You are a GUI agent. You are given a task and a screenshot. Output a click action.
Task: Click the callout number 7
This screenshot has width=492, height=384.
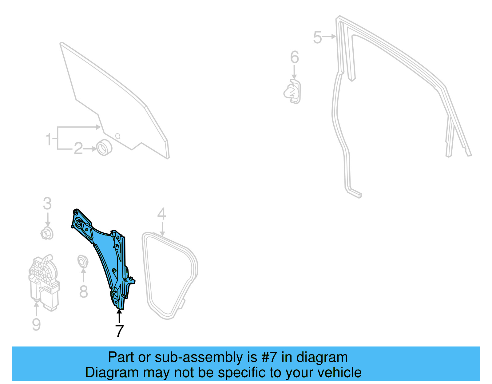tap(119, 331)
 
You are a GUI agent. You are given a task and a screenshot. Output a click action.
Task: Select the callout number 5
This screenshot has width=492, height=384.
tap(317, 37)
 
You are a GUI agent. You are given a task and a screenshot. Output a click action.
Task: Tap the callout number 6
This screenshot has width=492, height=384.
tap(294, 57)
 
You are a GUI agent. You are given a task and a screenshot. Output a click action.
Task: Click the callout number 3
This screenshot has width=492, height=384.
tap(47, 204)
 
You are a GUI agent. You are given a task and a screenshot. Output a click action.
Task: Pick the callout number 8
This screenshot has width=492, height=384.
tap(83, 291)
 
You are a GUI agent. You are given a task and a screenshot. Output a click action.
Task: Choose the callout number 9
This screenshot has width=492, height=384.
tap(36, 324)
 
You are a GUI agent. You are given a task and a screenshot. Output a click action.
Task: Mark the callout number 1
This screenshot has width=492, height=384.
tap(48, 139)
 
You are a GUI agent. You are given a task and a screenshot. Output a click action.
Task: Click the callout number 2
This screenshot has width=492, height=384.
tap(78, 149)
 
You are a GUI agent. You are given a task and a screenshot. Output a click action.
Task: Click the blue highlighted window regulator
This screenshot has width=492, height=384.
tap(105, 252)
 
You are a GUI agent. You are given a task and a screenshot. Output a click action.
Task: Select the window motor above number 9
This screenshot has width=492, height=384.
tap(44, 281)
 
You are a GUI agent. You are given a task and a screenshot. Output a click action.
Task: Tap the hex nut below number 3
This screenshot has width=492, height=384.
tap(47, 234)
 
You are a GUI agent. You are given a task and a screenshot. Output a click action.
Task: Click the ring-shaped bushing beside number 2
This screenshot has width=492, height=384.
tap(104, 148)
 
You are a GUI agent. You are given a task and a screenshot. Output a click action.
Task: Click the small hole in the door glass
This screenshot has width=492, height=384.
tap(117, 136)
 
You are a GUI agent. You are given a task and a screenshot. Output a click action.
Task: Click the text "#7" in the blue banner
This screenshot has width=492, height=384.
tap(269, 357)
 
